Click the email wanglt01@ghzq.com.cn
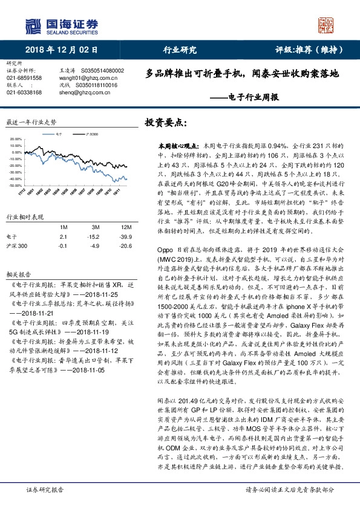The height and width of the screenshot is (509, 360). [82, 78]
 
